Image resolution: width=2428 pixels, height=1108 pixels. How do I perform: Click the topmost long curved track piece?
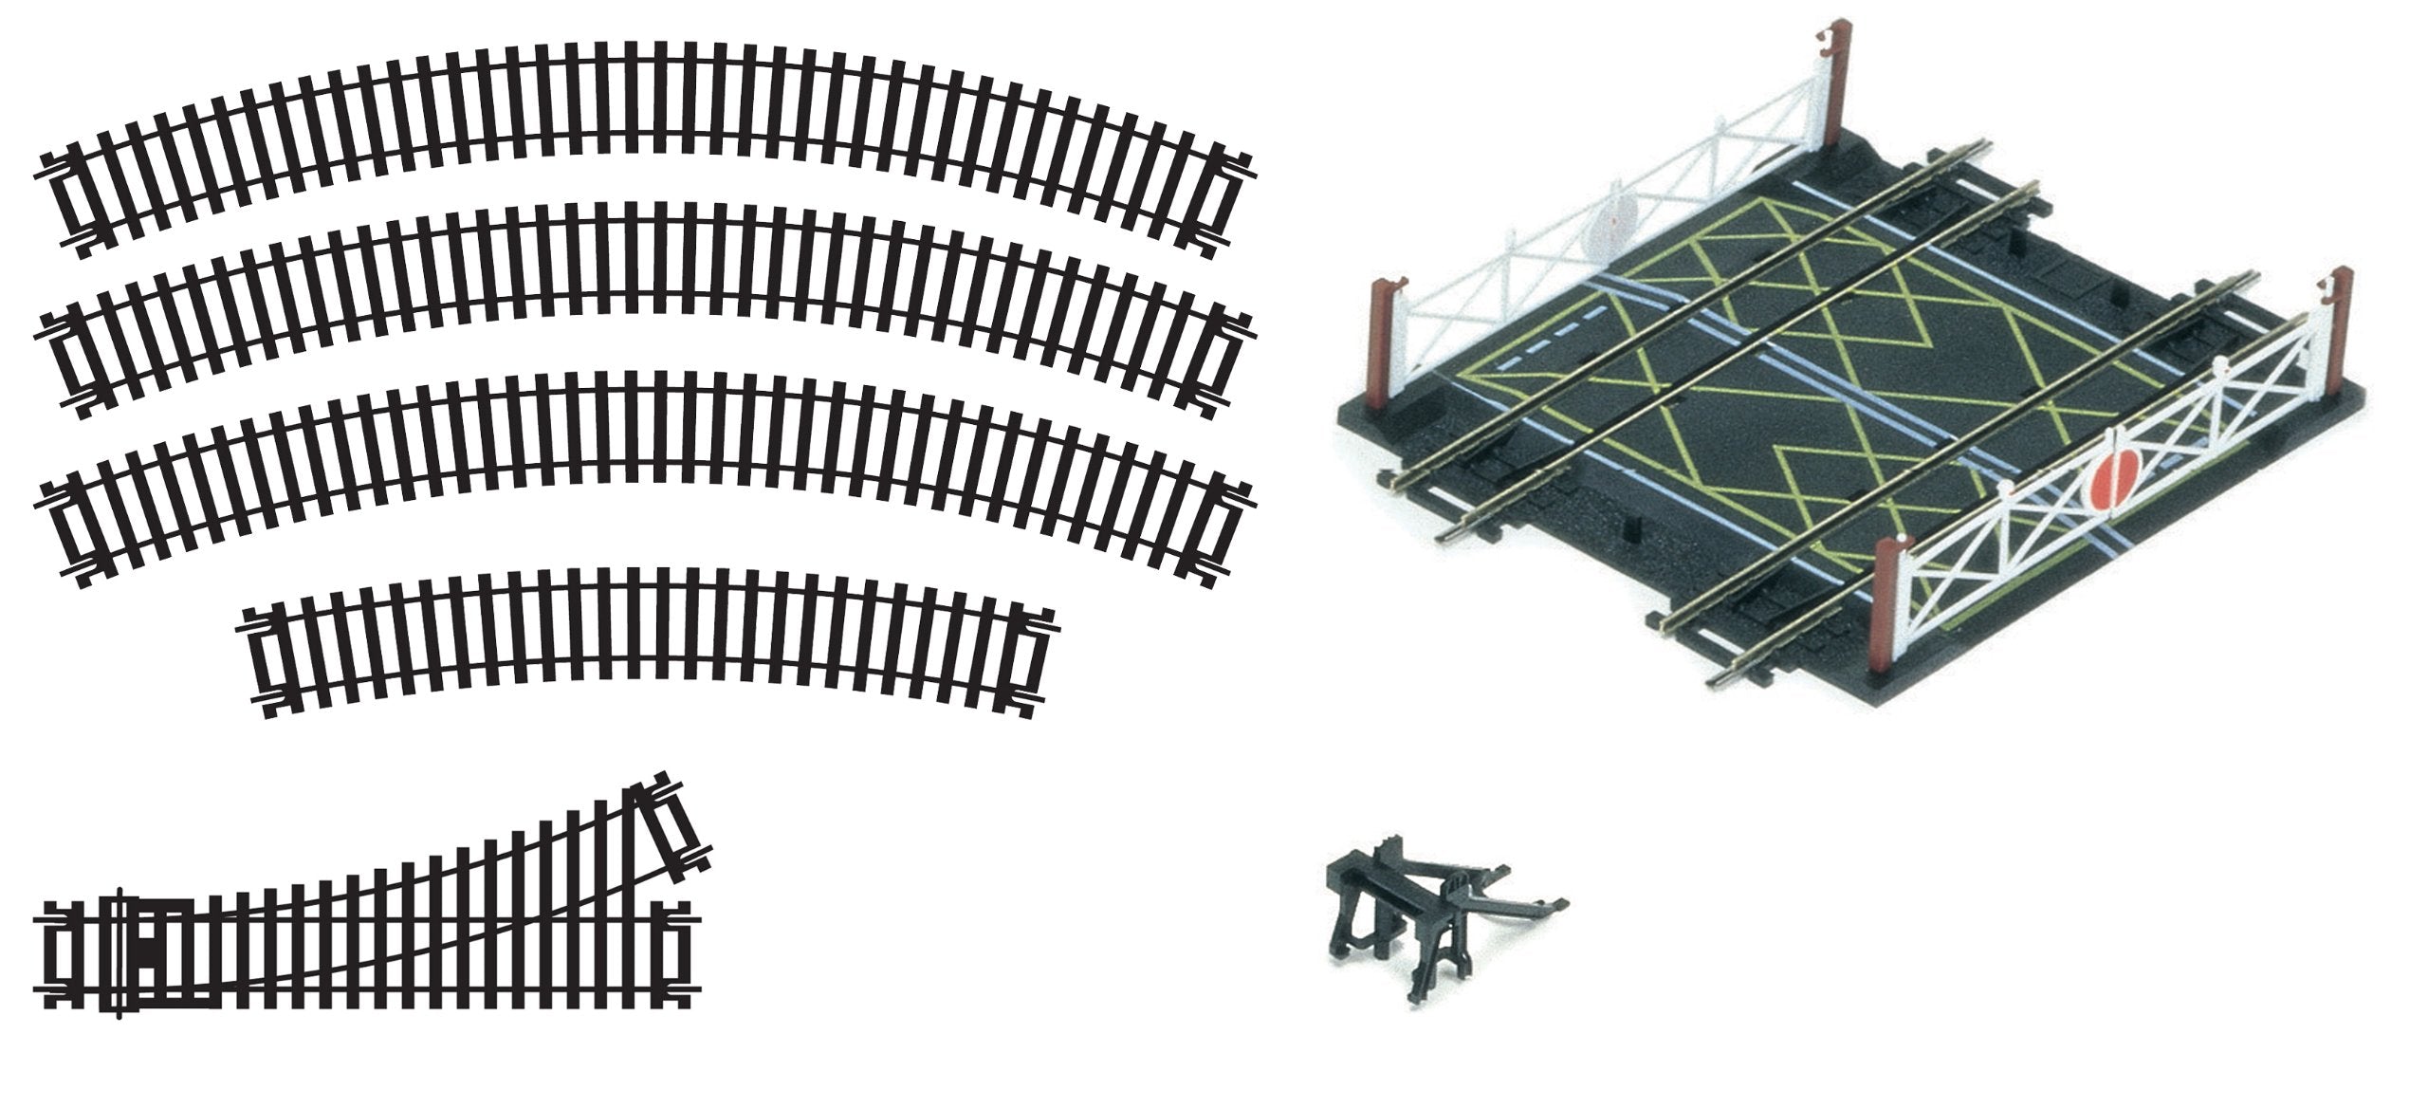pos(645,95)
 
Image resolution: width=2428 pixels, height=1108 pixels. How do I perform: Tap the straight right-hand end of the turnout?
pos(678,958)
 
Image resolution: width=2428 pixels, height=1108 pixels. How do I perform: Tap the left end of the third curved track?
pos(66,531)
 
